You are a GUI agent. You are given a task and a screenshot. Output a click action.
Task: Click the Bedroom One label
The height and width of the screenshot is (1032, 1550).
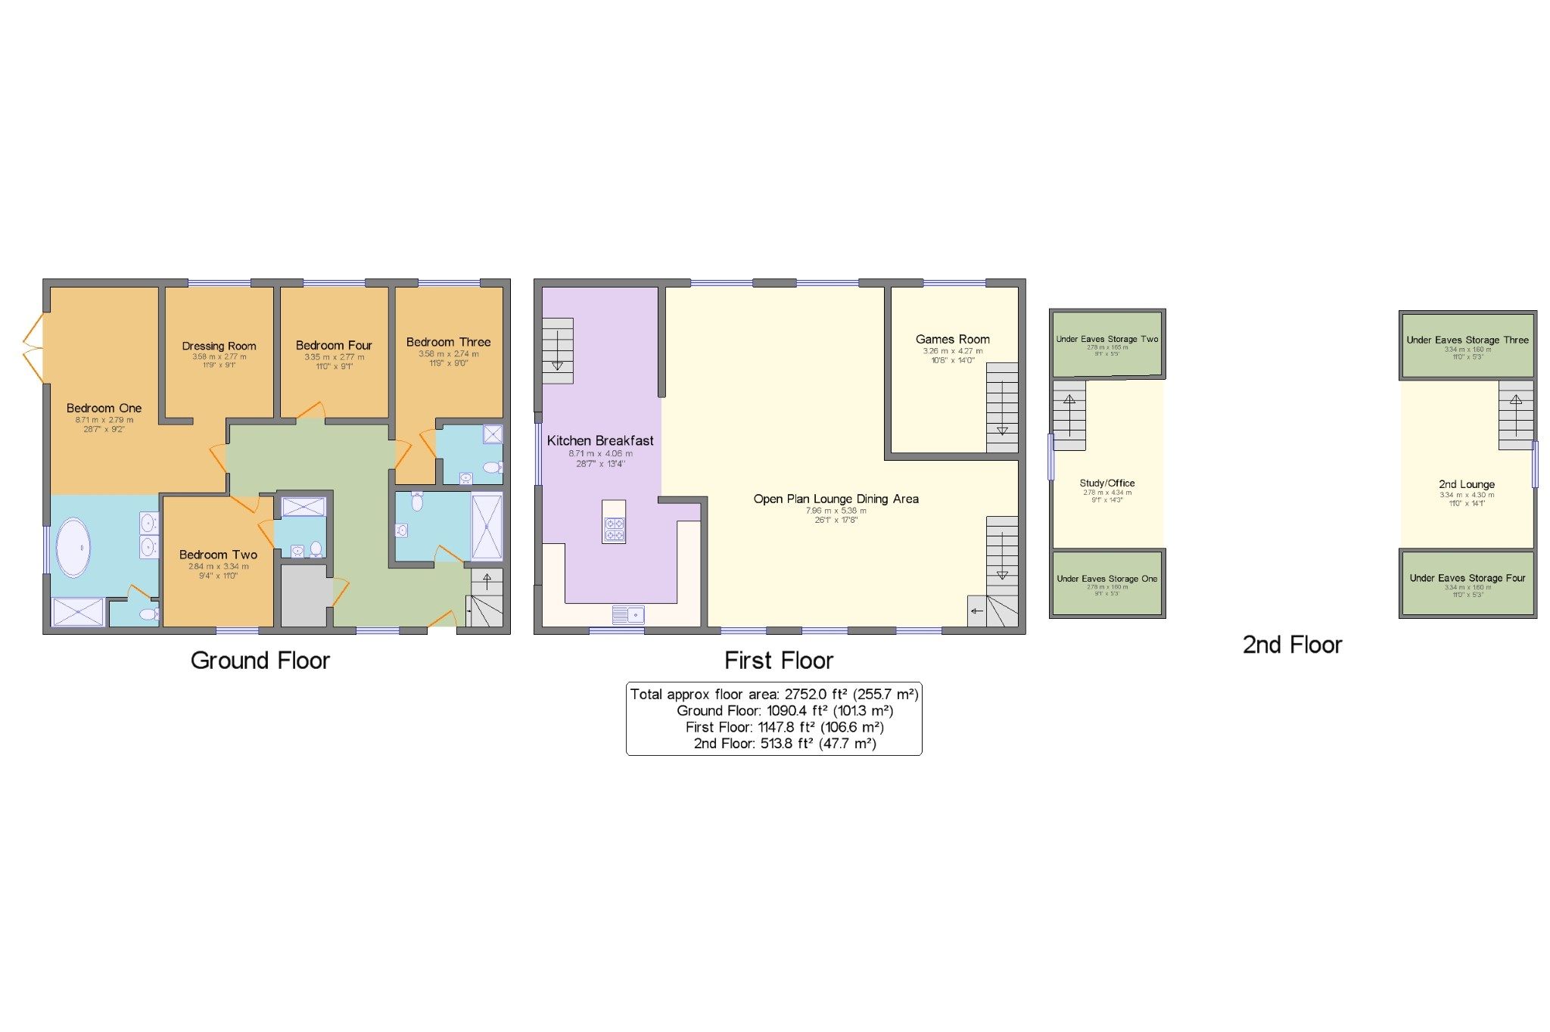pos(104,409)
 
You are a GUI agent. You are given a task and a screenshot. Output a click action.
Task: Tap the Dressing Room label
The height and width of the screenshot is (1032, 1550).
pos(219,346)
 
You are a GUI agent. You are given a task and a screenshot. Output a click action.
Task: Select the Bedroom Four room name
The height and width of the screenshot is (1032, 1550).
pos(334,345)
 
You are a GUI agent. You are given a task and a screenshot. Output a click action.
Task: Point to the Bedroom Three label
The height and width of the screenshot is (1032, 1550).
pos(448,342)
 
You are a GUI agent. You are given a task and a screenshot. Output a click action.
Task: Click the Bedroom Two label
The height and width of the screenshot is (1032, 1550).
pos(218,555)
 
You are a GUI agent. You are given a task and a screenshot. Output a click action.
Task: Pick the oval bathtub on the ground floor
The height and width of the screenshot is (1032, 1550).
pos(74,547)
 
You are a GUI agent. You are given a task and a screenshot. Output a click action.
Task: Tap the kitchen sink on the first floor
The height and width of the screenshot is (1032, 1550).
pos(627,614)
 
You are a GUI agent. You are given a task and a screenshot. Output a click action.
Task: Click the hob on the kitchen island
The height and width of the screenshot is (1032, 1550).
pos(614,529)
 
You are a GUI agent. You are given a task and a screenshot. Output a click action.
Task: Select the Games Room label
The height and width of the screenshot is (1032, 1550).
pos(952,339)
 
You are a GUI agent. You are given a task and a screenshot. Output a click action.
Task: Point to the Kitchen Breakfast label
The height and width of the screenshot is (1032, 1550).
pos(600,440)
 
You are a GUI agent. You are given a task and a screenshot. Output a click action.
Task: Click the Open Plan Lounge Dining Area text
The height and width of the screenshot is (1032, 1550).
pos(836,499)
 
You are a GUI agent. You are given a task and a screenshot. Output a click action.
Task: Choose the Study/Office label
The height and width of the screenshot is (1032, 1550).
pos(1106,483)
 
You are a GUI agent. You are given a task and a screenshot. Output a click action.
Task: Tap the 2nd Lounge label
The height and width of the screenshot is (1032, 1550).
pos(1466,484)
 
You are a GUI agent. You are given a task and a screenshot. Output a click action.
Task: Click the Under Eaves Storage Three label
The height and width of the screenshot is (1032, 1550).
pos(1467,340)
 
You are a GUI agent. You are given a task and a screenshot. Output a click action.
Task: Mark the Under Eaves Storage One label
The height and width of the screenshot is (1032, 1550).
pos(1106,579)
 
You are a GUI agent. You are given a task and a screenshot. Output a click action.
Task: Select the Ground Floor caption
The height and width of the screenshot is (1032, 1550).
pos(260,661)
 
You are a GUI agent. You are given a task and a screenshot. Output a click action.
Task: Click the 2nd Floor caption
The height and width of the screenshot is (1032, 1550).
pos(1292,645)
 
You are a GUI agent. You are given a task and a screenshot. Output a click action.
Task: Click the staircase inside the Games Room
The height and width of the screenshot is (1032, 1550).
pos(1002,408)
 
